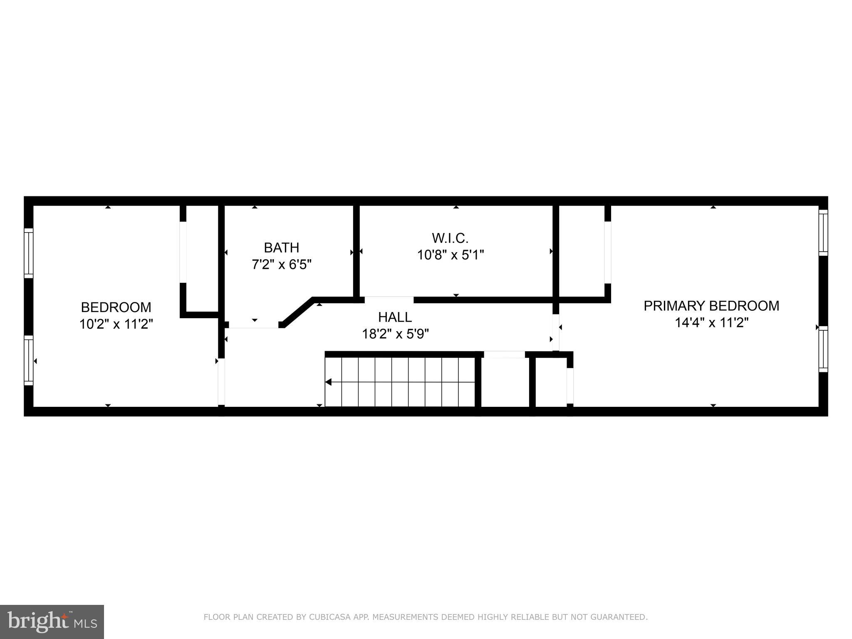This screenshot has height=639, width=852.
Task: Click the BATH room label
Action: pyautogui.click(x=281, y=248)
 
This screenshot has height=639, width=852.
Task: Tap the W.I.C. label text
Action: pyautogui.click(x=450, y=238)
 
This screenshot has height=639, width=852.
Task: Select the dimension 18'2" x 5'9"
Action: pyautogui.click(x=395, y=334)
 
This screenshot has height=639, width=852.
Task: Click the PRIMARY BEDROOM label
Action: pyautogui.click(x=711, y=306)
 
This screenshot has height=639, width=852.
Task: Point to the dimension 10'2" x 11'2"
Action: pyautogui.click(x=116, y=324)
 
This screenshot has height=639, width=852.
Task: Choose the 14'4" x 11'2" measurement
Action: pyautogui.click(x=711, y=322)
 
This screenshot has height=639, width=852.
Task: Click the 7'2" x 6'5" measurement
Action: pyautogui.click(x=281, y=264)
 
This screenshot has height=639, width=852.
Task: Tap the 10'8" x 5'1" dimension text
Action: pyautogui.click(x=450, y=255)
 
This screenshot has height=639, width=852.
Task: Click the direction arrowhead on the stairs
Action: pyautogui.click(x=328, y=382)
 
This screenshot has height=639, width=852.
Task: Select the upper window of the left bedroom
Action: pyautogui.click(x=28, y=253)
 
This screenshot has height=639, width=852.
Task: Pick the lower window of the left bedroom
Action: pyautogui.click(x=28, y=360)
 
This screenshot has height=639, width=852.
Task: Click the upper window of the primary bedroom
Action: pyautogui.click(x=823, y=233)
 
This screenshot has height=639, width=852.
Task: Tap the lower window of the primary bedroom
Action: pyautogui.click(x=823, y=349)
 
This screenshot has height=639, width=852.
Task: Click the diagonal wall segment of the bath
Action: pyautogui.click(x=297, y=312)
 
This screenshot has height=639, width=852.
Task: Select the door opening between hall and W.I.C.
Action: pyautogui.click(x=389, y=300)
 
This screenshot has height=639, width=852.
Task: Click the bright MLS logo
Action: pyautogui.click(x=52, y=622)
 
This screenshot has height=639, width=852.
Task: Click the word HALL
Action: pyautogui.click(x=395, y=317)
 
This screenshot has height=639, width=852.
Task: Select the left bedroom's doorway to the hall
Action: pyautogui.click(x=221, y=381)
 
